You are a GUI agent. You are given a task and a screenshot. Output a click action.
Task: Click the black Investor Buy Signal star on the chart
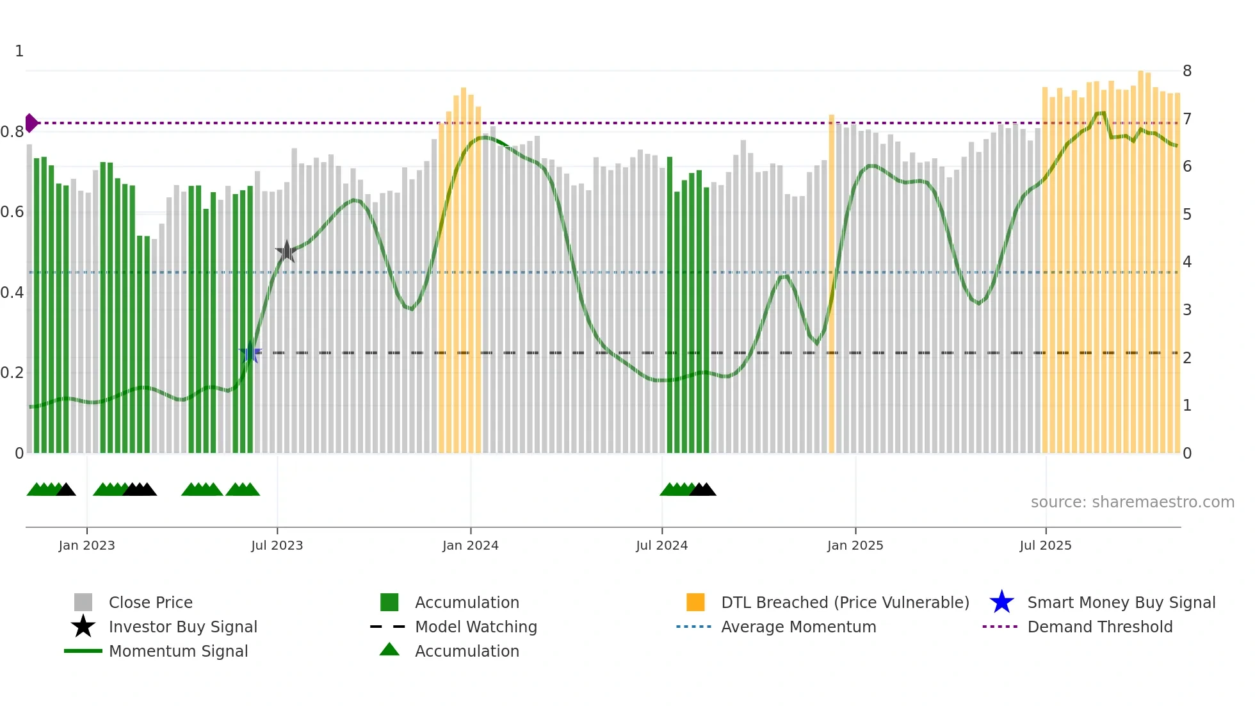[286, 252]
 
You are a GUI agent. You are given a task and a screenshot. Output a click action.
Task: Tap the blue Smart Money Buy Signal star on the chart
[250, 352]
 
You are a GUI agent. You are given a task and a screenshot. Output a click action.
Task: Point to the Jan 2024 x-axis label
[470, 545]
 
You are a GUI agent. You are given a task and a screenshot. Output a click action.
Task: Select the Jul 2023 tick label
[277, 545]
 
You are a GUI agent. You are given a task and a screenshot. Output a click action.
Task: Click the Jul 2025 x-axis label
[1045, 545]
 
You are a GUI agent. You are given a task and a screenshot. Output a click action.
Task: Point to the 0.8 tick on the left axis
[12, 132]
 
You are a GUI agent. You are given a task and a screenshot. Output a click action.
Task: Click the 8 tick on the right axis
[1186, 70]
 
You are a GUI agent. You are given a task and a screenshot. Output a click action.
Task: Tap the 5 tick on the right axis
[1186, 214]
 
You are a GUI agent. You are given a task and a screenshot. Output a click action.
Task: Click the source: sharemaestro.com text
[1132, 502]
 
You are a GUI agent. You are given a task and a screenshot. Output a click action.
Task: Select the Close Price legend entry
[150, 602]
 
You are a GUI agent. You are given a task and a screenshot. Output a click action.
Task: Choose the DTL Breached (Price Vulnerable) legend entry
[845, 602]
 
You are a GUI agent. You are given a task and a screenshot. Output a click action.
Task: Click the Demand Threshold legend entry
[1099, 627]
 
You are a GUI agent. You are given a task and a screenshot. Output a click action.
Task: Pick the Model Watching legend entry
[475, 627]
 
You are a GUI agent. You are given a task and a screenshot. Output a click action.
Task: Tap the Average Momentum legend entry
[798, 627]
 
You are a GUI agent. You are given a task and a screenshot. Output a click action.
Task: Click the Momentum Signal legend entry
[178, 651]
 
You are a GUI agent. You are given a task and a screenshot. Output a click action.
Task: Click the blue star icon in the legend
[1001, 602]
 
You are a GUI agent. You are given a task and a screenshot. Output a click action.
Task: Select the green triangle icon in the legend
[389, 650]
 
